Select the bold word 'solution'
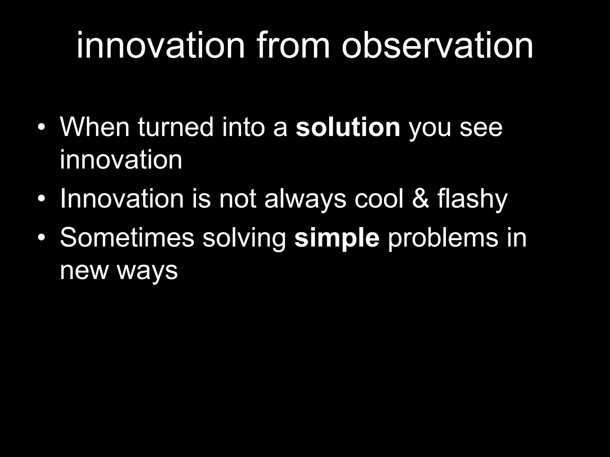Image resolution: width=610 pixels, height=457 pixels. coord(348,127)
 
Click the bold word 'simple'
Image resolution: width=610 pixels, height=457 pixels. coord(337,238)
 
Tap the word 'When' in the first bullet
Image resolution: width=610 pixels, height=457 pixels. coord(95,127)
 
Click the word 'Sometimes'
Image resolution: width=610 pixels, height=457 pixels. coord(127,238)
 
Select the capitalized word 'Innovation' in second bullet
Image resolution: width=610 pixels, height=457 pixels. coord(122,199)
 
